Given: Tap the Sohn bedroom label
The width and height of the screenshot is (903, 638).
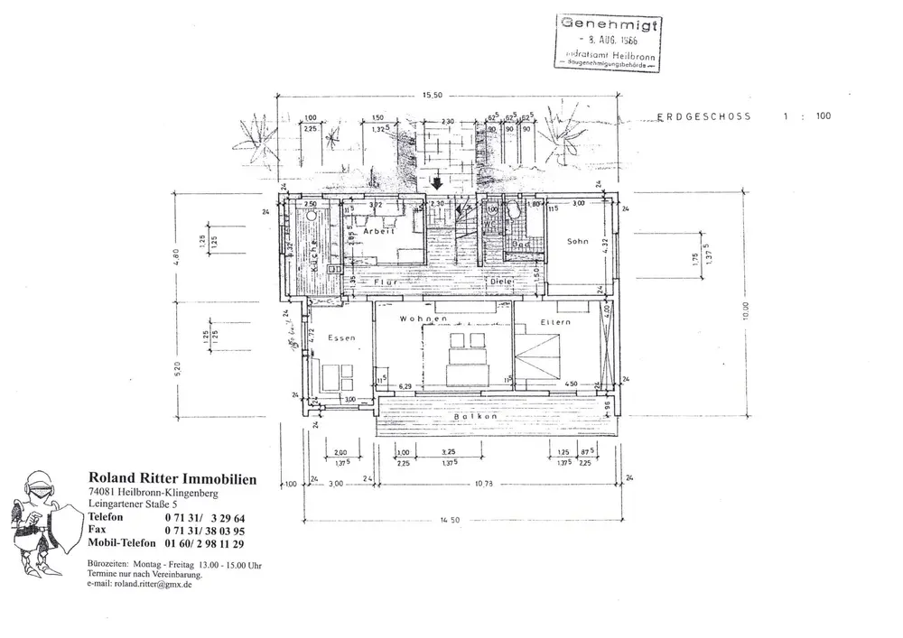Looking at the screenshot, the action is pos(578,241).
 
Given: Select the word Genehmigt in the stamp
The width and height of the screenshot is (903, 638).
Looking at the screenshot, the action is pos(606,23).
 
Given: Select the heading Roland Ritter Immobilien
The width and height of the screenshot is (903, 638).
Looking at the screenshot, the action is pos(172,478).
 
